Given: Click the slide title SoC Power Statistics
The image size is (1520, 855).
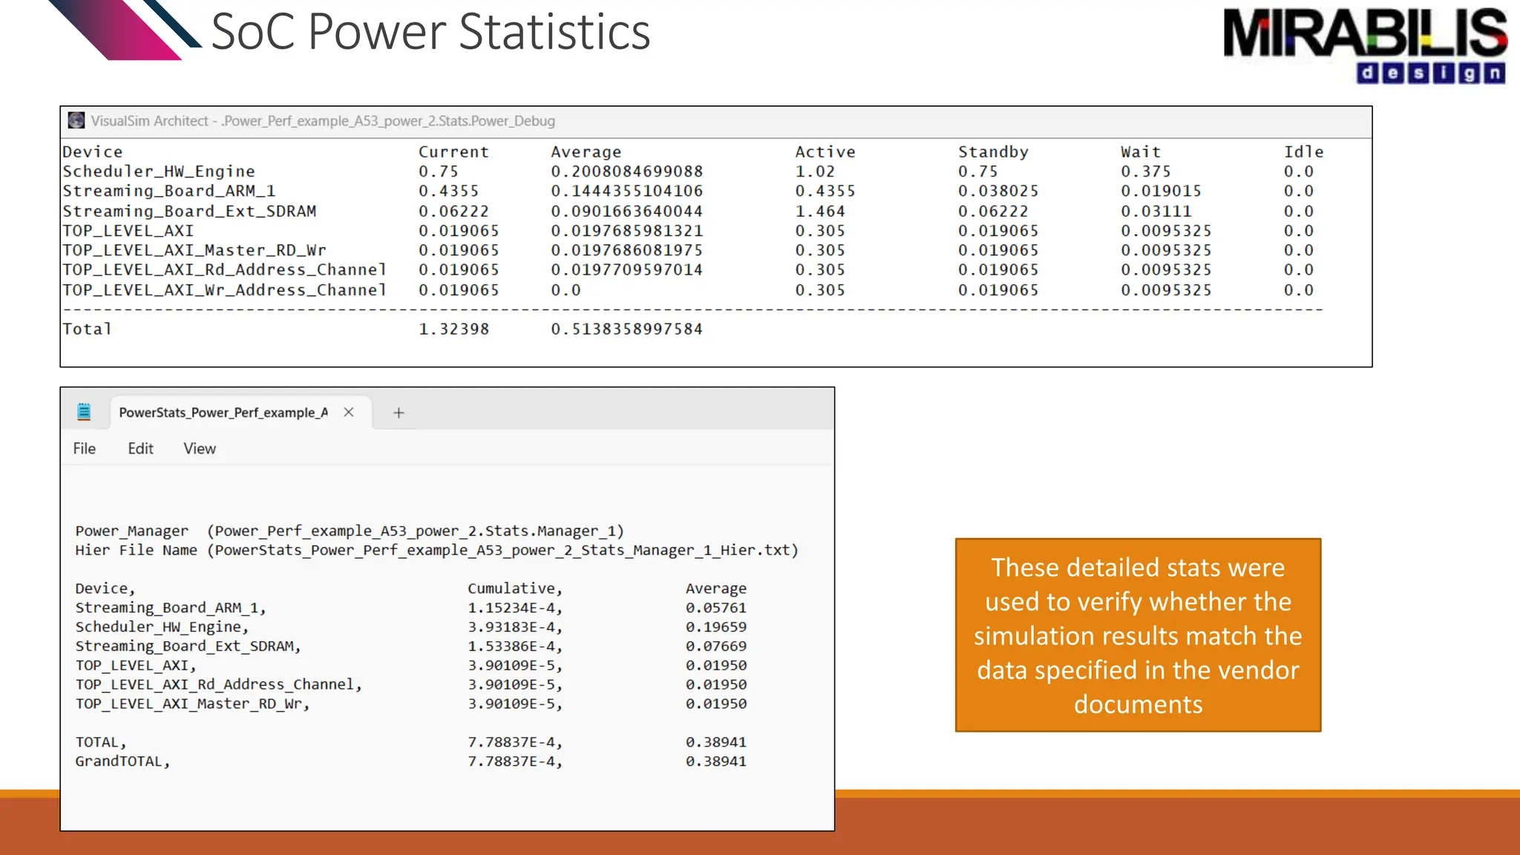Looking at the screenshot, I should [430, 32].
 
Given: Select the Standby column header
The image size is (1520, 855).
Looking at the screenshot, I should [993, 152].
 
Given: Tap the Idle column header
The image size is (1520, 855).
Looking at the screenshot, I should [1303, 152].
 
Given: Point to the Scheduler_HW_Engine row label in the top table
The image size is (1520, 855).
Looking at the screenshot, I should [158, 171].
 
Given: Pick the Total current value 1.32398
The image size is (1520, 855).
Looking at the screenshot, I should [453, 329].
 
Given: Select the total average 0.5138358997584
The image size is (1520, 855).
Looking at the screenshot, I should [626, 329].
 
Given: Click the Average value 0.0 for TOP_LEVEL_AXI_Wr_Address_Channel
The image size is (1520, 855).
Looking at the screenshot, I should [566, 290].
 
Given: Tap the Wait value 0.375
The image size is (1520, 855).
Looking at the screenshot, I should [1145, 171].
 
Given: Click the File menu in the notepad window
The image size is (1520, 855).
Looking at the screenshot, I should [84, 448].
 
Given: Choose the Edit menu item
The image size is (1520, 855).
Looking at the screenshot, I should [140, 448].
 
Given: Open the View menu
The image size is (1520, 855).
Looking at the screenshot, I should [200, 448].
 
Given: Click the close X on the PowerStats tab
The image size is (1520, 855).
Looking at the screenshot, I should [349, 412].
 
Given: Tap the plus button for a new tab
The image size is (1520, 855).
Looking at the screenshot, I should [399, 413].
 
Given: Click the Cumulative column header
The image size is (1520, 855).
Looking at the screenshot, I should [514, 589].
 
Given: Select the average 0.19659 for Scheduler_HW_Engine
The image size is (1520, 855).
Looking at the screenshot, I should [715, 627].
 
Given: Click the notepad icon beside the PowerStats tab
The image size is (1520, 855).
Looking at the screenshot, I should [84, 412].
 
